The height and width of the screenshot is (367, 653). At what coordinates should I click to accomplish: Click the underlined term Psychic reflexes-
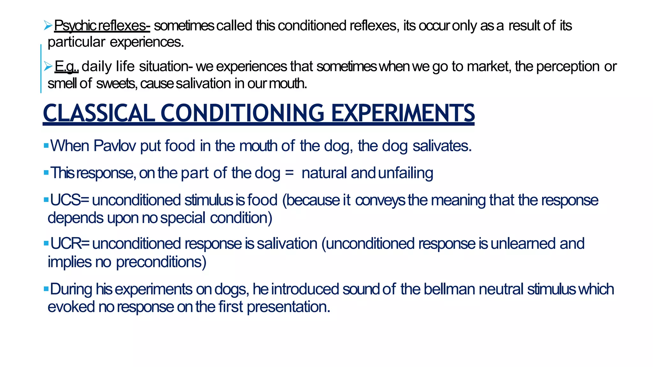102,26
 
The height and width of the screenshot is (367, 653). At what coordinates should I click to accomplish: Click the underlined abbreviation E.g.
66,67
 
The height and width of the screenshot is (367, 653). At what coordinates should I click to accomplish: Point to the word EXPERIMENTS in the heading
403,113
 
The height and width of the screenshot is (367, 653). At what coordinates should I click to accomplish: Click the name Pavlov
115,146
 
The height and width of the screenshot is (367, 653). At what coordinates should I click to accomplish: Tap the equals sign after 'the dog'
289,173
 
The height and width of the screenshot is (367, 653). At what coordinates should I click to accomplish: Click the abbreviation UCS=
70,200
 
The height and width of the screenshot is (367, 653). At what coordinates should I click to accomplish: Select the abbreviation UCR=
70,244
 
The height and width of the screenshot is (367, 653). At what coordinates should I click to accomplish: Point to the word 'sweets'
117,83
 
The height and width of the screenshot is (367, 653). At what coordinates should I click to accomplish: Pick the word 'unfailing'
406,173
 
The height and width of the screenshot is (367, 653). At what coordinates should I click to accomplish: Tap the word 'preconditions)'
161,262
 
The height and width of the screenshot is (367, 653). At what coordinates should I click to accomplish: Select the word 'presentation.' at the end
288,307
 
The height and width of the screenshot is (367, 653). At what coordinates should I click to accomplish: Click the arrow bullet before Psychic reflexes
48,25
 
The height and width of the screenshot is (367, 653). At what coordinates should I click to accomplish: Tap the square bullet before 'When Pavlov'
46,146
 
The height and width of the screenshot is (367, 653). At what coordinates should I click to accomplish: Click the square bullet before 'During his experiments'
46,289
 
